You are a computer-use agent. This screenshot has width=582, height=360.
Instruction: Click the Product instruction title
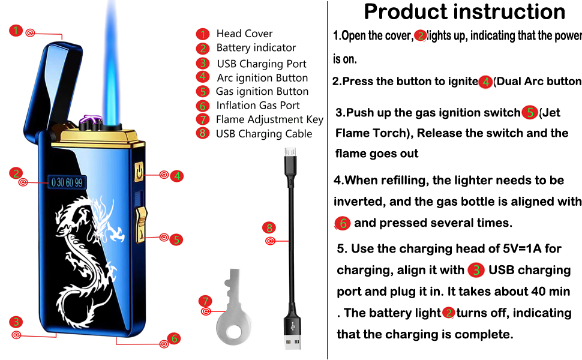(x=464, y=12)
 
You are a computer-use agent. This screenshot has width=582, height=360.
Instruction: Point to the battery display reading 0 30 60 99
(x=67, y=182)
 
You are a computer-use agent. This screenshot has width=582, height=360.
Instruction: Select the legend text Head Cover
(x=244, y=34)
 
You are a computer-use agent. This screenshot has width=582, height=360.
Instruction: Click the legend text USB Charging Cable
(x=264, y=134)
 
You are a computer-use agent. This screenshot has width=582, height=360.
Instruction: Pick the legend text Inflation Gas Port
(x=258, y=105)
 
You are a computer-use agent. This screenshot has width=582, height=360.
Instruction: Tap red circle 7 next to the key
(x=205, y=300)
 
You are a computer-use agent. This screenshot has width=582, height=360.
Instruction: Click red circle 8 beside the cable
(x=269, y=228)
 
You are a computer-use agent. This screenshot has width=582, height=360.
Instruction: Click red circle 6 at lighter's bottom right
(x=174, y=338)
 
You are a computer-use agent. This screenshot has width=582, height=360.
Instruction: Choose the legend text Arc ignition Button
(x=262, y=77)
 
